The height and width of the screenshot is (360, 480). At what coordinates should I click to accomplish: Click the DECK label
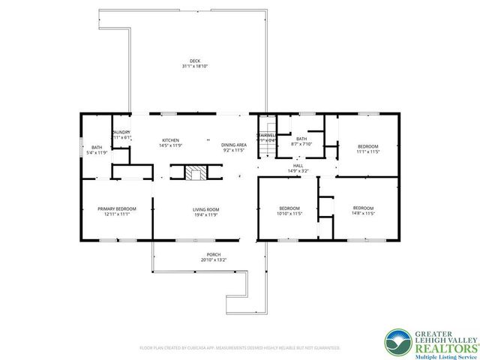(194, 60)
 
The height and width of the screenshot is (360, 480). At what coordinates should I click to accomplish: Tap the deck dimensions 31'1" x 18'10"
(194, 66)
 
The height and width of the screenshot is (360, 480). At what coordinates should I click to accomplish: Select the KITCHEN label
(170, 140)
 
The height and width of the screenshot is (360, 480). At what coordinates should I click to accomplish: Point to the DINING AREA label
(234, 145)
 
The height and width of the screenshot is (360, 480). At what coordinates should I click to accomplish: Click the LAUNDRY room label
(121, 132)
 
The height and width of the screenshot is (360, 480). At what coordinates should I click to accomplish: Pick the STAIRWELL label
(266, 136)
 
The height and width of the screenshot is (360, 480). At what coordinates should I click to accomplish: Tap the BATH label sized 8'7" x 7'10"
(301, 139)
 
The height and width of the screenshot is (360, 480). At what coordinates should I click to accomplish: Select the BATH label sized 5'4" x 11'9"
(97, 147)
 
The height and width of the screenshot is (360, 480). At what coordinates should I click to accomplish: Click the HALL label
(298, 166)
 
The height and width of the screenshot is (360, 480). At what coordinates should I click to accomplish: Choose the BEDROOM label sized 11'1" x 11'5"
(367, 146)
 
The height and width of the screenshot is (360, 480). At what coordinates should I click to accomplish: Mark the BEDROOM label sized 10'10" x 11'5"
(289, 208)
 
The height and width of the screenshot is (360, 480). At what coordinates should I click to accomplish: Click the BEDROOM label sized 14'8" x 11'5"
(364, 208)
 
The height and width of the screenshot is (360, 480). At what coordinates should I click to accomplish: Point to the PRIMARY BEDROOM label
(116, 208)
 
